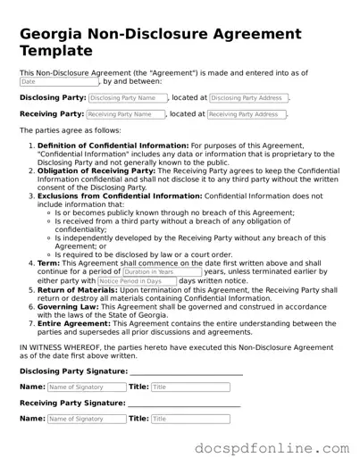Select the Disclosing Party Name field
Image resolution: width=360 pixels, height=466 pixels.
point(128,97)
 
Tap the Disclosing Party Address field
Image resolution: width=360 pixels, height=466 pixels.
point(249,97)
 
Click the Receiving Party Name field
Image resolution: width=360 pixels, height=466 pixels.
point(126,114)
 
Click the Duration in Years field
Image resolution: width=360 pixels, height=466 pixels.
point(162,271)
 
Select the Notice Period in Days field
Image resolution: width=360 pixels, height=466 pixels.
point(136,280)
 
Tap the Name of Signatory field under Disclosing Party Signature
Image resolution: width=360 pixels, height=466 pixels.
point(86,387)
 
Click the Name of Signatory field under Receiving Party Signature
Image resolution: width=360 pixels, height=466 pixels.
point(86,419)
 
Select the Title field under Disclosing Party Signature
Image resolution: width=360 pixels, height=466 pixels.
point(189,387)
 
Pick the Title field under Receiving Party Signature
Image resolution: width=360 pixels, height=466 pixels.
point(189,419)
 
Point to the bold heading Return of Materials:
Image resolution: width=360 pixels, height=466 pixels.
point(76,289)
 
